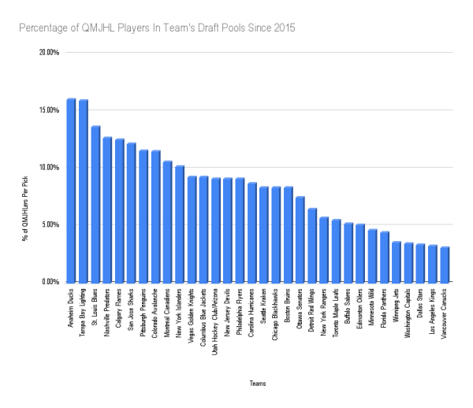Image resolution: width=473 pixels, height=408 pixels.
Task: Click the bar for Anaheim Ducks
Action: point(71,190)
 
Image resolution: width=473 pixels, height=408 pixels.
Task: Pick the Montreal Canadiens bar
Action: point(168,221)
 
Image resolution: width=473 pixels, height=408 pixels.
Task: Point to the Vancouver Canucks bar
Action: point(445,264)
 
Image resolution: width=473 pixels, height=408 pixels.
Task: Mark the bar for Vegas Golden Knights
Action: point(192,228)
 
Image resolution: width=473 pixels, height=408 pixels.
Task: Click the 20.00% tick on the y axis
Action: point(49,53)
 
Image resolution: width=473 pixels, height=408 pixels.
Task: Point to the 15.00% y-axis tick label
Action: point(49,110)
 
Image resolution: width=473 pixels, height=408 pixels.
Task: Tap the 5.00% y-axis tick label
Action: point(50,224)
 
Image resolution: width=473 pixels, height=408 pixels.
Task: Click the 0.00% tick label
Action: point(50,281)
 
